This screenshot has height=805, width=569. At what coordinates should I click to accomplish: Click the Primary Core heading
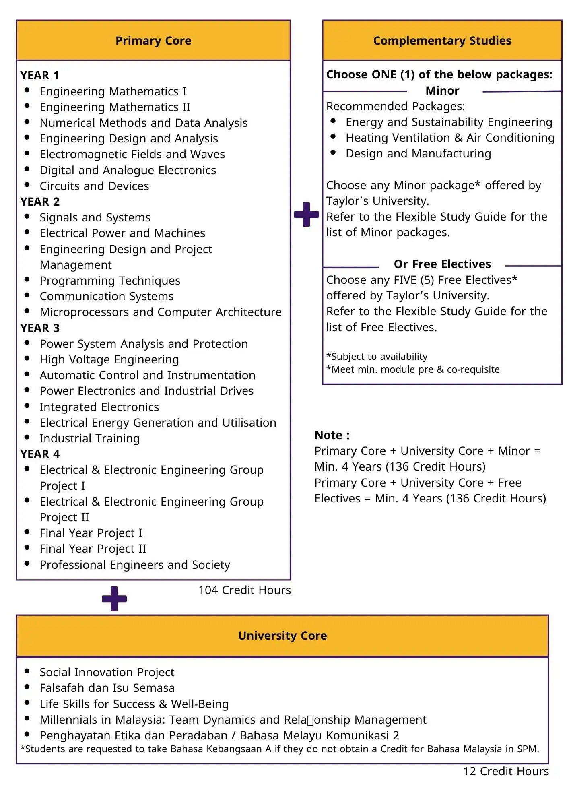153,41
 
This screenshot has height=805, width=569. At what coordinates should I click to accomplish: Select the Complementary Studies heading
442,41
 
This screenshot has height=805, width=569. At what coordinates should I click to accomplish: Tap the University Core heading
282,636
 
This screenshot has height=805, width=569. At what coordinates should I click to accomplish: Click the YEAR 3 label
40,328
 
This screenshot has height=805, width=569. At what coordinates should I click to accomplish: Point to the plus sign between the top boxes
306,214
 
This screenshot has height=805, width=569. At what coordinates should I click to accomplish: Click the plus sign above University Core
114,599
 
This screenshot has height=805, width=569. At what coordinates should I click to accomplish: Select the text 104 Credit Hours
244,590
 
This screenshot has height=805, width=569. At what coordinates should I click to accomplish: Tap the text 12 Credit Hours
505,771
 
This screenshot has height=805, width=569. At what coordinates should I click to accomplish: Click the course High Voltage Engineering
109,359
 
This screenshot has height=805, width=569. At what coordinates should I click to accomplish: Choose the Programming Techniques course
110,281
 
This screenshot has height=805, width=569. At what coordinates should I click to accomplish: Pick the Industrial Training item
89,438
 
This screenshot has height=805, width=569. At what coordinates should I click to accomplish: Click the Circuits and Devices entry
94,186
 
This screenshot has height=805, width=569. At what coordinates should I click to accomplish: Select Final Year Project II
93,549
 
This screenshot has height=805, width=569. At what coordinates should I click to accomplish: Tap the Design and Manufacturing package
418,153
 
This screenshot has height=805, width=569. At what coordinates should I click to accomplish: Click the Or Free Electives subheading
442,264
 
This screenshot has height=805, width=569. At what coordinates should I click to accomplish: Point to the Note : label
332,435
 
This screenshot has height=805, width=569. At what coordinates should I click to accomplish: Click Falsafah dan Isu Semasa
107,688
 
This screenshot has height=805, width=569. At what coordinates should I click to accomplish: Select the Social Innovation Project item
107,672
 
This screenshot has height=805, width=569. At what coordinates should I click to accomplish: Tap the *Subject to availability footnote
377,357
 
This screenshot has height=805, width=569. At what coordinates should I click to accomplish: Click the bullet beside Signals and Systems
27,216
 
